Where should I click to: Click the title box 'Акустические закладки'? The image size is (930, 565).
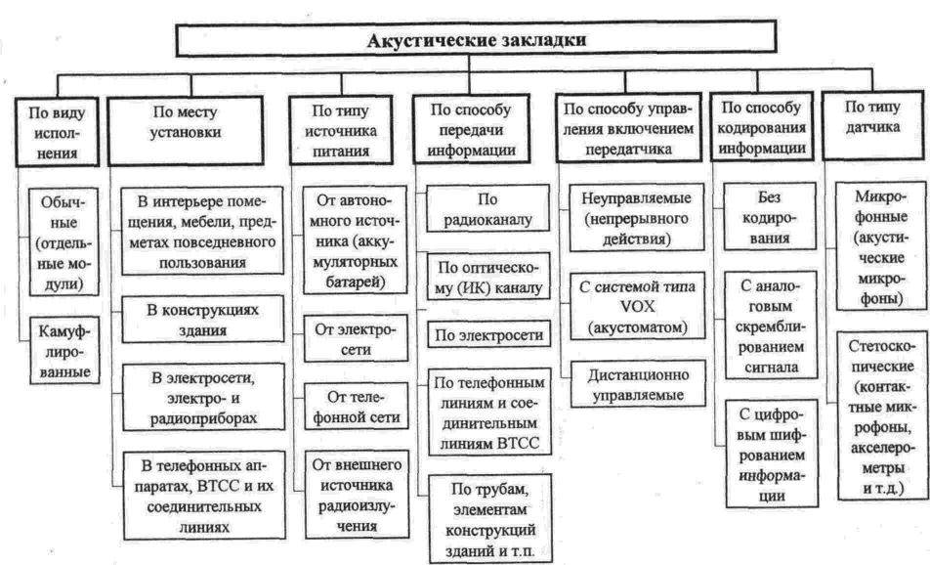pos(477,41)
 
